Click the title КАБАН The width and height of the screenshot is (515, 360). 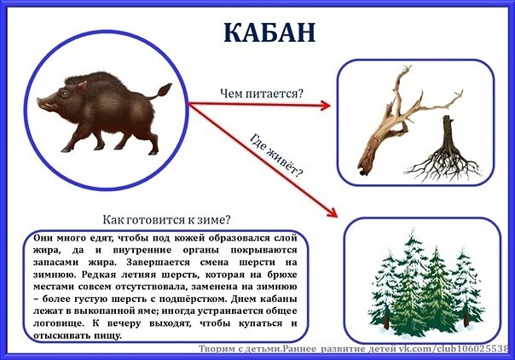point(269,32)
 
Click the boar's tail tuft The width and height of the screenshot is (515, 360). point(165,90)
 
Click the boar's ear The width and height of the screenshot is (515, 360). point(81,86)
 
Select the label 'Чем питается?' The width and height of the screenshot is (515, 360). point(262,94)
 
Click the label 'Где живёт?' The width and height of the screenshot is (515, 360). point(276,154)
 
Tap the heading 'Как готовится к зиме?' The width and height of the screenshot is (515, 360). point(166,219)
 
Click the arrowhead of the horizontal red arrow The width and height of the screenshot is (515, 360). point(325,106)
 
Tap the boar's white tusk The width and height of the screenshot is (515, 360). point(49,106)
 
